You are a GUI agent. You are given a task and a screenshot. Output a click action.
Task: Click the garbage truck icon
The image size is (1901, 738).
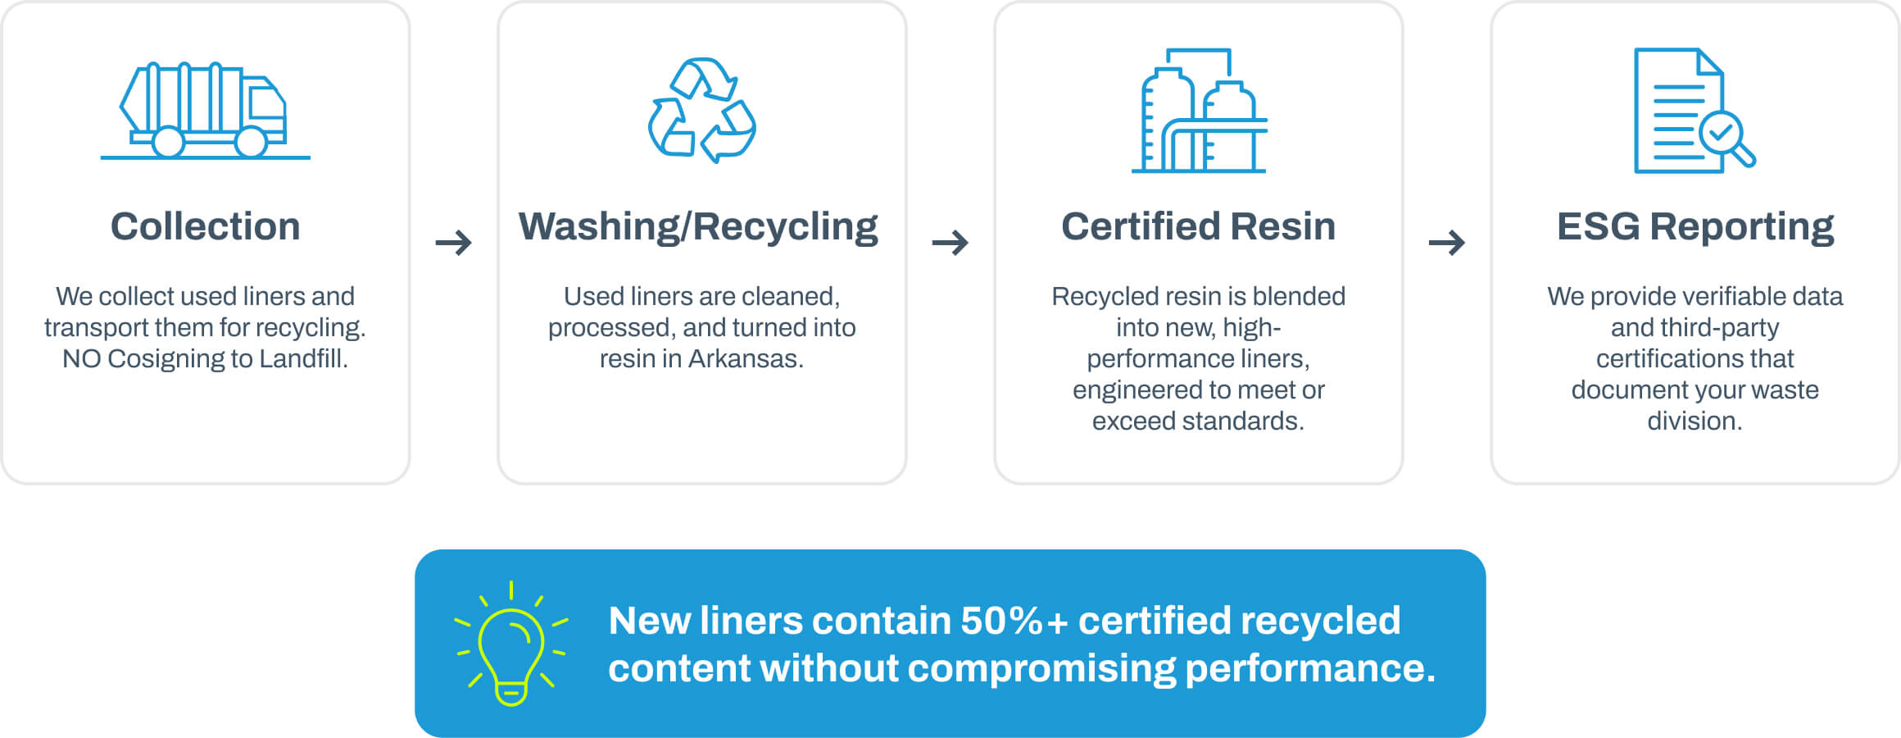click(205, 110)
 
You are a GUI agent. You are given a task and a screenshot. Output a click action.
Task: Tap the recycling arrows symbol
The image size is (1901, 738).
click(702, 110)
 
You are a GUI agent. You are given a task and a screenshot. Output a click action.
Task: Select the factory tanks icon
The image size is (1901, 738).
click(1199, 110)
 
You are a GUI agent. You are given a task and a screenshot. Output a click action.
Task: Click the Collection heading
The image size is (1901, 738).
click(205, 226)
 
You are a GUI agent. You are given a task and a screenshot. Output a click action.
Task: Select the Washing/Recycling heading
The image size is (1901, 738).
click(698, 226)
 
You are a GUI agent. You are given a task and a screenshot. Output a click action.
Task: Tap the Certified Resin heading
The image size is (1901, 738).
click(1198, 226)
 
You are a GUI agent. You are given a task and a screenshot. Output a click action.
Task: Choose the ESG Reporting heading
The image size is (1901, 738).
click(1695, 226)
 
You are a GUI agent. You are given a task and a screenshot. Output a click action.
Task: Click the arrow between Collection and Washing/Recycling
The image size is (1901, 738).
click(453, 243)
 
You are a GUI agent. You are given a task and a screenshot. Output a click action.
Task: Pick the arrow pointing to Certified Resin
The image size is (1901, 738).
click(950, 243)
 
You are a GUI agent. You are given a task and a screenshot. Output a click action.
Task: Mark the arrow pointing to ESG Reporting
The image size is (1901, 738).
click(1447, 243)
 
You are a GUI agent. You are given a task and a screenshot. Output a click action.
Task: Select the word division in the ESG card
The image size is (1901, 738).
click(1695, 421)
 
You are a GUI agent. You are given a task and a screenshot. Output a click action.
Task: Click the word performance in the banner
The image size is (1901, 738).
click(1309, 668)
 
